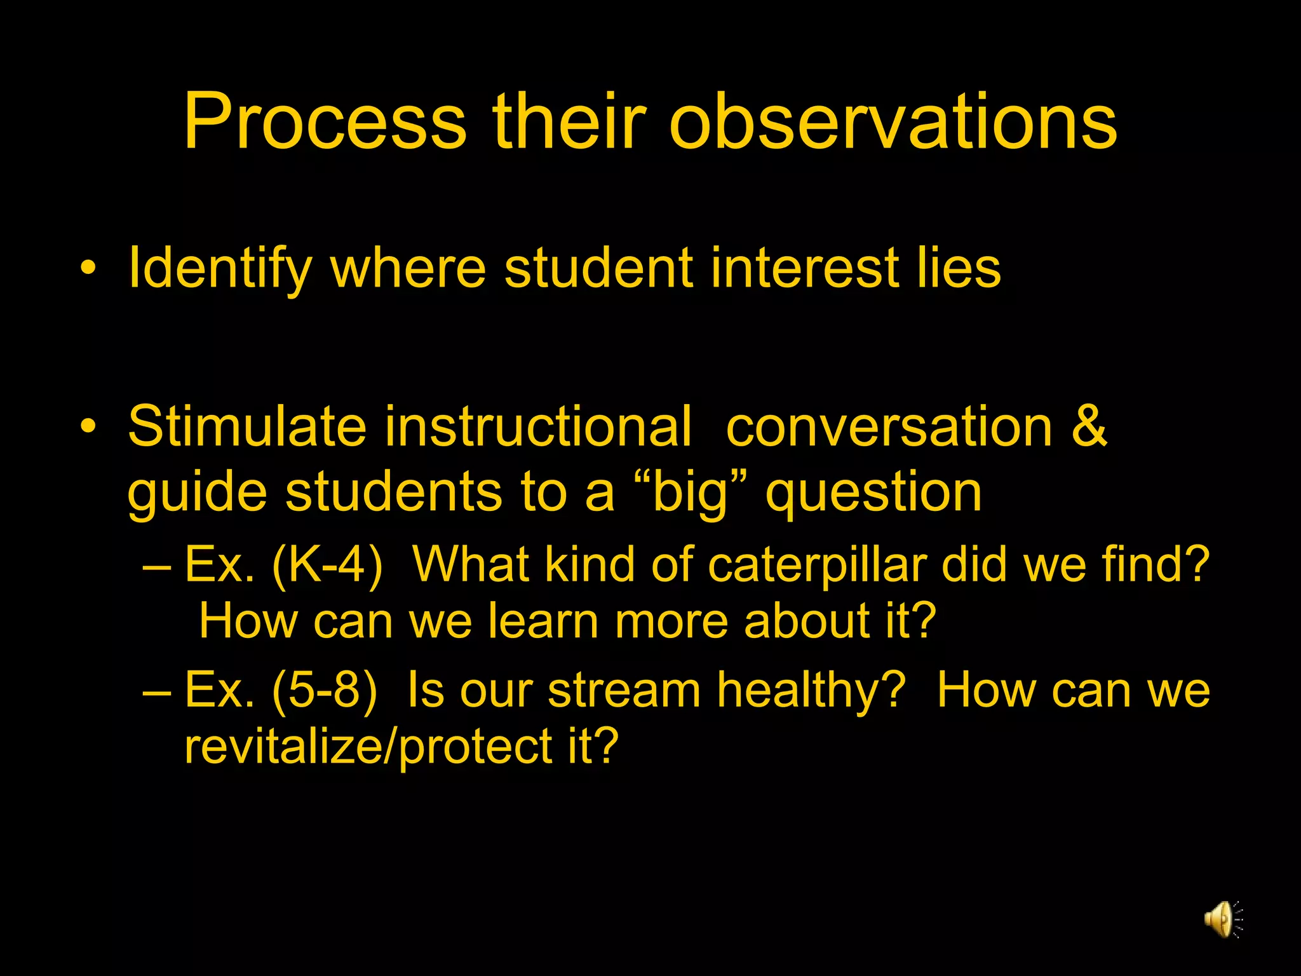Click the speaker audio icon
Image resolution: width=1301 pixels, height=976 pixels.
click(1222, 919)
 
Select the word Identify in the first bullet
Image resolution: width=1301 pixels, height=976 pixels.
click(220, 268)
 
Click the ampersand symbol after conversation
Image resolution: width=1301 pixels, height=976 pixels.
click(1089, 426)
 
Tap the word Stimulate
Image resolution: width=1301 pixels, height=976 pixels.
click(247, 426)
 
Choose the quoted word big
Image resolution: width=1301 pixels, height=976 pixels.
click(689, 492)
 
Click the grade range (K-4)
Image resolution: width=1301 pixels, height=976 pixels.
click(327, 564)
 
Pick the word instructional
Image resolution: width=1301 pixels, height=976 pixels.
click(537, 426)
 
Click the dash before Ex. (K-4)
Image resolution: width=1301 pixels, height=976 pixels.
click(157, 564)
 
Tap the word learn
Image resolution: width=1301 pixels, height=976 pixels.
click(543, 621)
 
